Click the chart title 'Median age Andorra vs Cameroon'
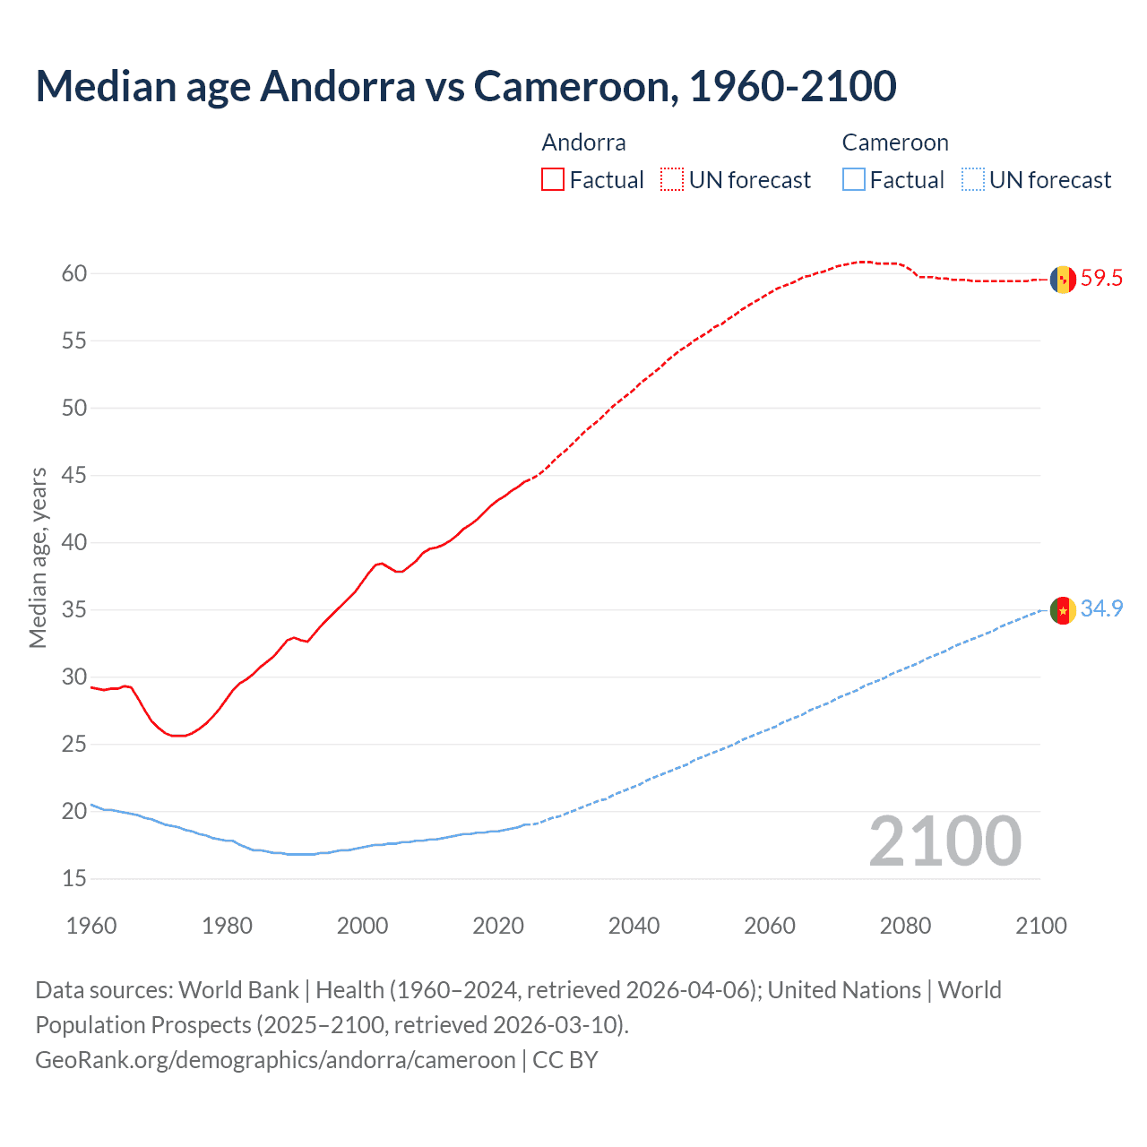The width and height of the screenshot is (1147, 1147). point(465,86)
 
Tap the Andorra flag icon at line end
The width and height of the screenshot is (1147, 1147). point(1062,280)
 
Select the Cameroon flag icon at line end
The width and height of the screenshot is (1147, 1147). point(1062,610)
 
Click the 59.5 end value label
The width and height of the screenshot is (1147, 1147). point(1101,279)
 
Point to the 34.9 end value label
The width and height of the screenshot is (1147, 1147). point(1101,609)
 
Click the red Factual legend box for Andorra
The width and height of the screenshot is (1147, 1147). point(553,180)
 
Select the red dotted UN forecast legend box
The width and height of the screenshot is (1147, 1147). point(672,180)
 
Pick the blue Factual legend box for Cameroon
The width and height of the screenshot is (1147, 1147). point(854,180)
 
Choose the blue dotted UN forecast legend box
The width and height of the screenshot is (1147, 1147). point(973,180)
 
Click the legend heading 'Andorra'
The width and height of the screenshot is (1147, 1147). point(583,142)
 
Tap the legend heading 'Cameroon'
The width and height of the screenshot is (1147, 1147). point(894,142)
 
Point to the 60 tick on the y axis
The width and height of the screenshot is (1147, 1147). point(74,273)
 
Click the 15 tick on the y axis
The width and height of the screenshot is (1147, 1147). point(74,879)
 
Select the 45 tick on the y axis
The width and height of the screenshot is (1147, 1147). point(74,475)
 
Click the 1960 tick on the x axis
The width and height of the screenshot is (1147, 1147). point(91,926)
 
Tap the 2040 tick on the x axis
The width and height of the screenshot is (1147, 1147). point(634,926)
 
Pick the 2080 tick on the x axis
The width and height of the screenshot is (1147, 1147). point(905,926)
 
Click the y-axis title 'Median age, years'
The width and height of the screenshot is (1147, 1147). point(38,557)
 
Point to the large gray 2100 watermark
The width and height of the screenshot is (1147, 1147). point(944,841)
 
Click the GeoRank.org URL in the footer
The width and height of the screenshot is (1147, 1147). point(275,1060)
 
